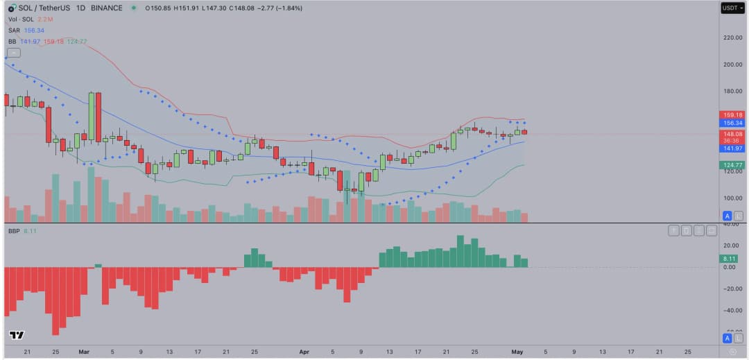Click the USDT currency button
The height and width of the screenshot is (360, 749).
pos(732,8)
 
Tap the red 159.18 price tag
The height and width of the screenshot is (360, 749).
pos(733,114)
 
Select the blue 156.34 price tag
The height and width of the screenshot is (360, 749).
pos(733,123)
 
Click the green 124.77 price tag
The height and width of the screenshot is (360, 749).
pos(733,165)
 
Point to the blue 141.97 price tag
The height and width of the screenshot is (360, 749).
pos(733,148)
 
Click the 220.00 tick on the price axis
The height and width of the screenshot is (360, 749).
pos(733,37)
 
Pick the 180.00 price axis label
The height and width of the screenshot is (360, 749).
pos(733,91)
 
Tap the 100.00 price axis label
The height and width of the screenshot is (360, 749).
pos(733,198)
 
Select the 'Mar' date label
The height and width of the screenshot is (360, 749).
pos(84,352)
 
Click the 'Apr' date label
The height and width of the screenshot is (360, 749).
pos(304,352)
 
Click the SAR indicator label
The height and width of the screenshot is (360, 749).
pos(14,31)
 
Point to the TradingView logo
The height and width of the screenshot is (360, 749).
pos(17,336)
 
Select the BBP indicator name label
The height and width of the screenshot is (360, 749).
pos(14,230)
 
